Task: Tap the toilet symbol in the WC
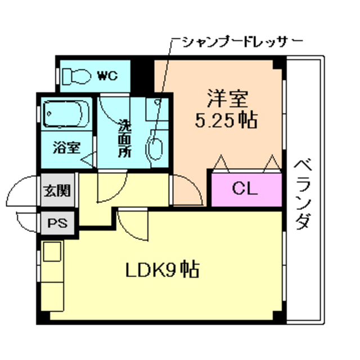coord(77,75)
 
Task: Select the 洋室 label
coord(226,100)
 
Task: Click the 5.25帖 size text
coord(226,120)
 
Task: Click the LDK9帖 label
coord(160,270)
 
